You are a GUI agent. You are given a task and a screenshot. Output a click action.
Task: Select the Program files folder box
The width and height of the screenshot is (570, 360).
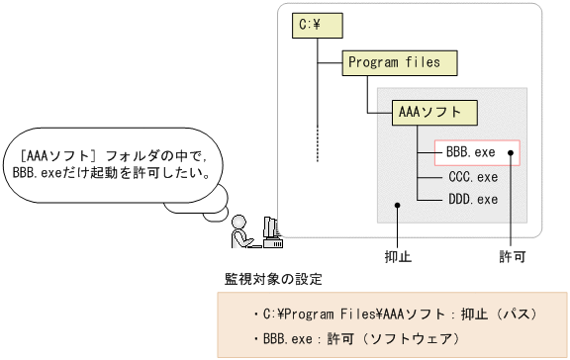coord(391,62)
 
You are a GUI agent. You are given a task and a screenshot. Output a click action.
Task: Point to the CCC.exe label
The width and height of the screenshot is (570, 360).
coord(473,178)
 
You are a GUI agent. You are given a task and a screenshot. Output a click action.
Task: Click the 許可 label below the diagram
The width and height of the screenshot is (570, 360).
coord(512,255)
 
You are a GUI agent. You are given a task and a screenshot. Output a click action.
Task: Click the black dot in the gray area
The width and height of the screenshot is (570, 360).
coord(397,207)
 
